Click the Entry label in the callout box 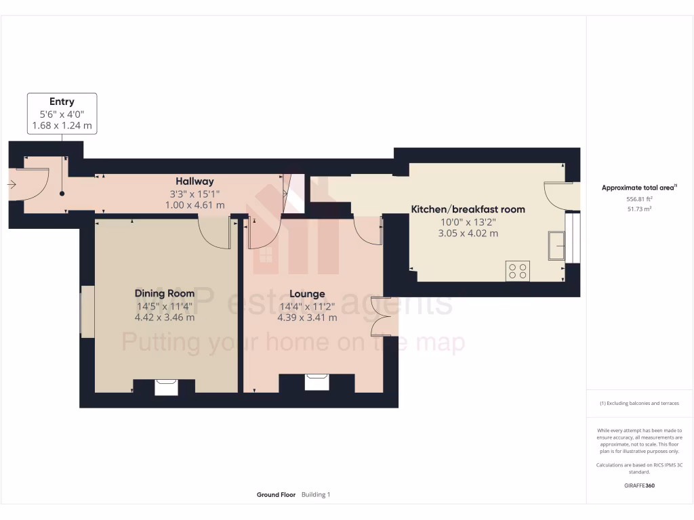pyautogui.click(x=62, y=102)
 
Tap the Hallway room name pyautogui.click(x=195, y=181)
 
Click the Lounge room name pyautogui.click(x=307, y=294)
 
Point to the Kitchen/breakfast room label pyautogui.click(x=468, y=209)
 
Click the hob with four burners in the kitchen pyautogui.click(x=518, y=271)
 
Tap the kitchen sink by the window pyautogui.click(x=558, y=244)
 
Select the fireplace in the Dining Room pyautogui.click(x=165, y=387)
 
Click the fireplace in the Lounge pyautogui.click(x=317, y=382)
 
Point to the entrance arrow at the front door pyautogui.click(x=12, y=184)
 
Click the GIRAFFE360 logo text pyautogui.click(x=639, y=485)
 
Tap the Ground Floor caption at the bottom pyautogui.click(x=276, y=495)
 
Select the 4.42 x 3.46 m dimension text pyautogui.click(x=164, y=317)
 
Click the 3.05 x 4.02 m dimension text pyautogui.click(x=468, y=233)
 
